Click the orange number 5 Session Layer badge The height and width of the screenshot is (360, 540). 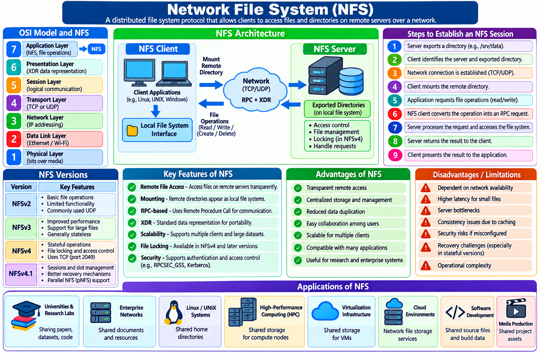tap(14, 85)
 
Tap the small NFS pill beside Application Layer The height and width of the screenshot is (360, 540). tap(96, 49)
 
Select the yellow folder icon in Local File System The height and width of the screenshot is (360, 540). tap(132, 130)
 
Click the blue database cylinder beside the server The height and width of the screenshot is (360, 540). tap(351, 81)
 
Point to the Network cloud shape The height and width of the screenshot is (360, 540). tap(256, 90)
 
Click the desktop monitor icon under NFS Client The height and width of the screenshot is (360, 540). tap(139, 72)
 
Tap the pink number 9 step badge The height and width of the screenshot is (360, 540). tap(395, 155)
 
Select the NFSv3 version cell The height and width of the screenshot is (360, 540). tap(21, 228)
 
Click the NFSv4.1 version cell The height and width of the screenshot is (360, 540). tap(21, 274)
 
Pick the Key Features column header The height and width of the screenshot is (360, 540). tap(77, 187)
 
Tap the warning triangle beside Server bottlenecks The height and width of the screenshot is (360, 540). tap(426, 211)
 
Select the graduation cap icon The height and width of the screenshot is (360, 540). tap(26, 308)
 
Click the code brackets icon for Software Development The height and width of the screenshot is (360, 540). tap(455, 312)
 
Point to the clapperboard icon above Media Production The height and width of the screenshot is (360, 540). tap(516, 308)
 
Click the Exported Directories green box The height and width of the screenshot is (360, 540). tap(337, 109)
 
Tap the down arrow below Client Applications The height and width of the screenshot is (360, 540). tap(156, 111)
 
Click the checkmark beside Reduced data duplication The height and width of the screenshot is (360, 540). tap(298, 212)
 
